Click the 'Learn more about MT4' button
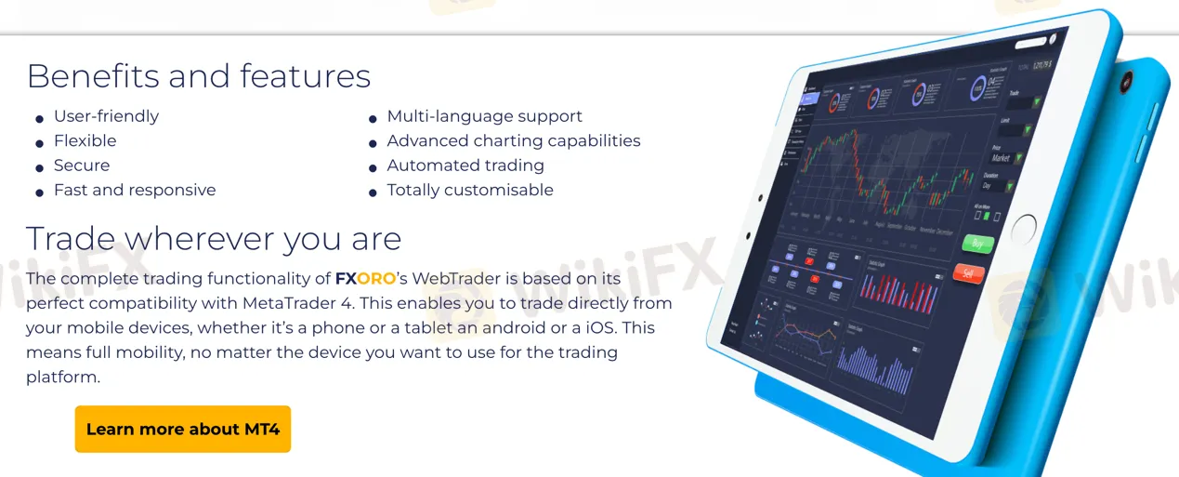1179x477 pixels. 183,430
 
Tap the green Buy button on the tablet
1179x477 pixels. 976,244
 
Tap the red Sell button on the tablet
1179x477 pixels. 968,273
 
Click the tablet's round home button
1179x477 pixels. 1024,226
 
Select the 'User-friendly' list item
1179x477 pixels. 106,116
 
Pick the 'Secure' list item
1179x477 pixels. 82,166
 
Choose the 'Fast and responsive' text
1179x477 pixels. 135,190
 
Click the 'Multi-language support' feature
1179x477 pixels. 484,116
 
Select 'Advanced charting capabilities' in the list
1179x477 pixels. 513,141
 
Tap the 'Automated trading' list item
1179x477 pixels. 465,166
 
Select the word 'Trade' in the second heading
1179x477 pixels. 66,239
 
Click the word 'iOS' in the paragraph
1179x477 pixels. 607,328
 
